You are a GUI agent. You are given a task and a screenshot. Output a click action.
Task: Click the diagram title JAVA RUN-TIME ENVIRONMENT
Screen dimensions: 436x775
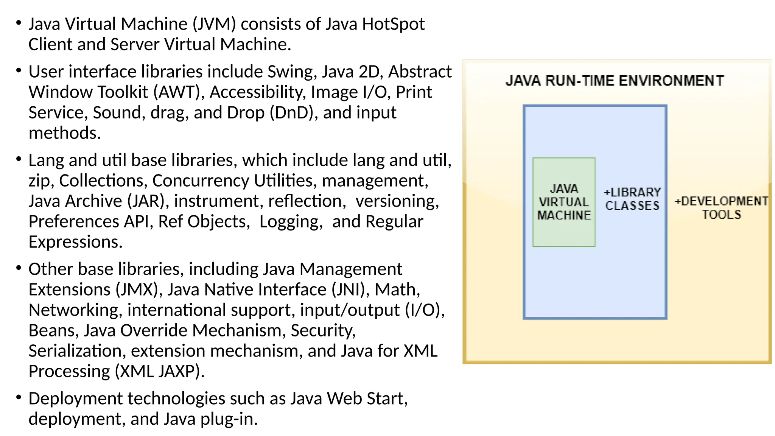coord(615,81)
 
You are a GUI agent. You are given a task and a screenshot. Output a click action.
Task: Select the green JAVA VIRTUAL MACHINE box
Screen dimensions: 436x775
coord(564,202)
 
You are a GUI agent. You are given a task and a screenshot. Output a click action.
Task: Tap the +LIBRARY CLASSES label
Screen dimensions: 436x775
coord(632,199)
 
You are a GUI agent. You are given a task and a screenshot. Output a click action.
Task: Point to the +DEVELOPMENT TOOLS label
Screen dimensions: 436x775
coord(721,208)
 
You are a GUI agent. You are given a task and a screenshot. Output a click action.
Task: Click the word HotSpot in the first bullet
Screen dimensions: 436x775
coord(393,24)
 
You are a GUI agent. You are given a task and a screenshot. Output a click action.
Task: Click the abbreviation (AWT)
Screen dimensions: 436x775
coord(178,92)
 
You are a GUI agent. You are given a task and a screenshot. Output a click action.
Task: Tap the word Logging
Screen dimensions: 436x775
coord(291,222)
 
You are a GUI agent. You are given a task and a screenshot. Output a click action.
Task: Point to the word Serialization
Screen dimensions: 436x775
coord(76,351)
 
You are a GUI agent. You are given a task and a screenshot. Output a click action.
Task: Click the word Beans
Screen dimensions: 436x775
coord(53,331)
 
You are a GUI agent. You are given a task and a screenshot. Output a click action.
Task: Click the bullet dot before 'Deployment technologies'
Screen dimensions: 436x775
coord(19,397)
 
